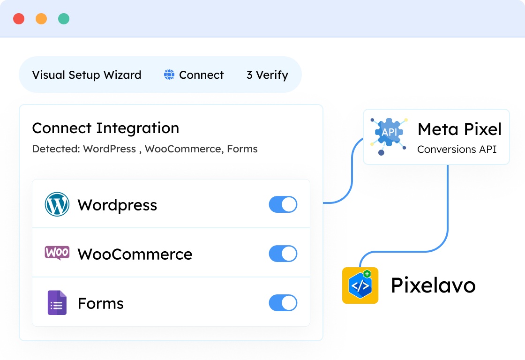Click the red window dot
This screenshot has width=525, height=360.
click(19, 19)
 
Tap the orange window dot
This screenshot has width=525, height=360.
click(41, 19)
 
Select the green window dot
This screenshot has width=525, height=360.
click(64, 19)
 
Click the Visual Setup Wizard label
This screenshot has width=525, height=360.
click(87, 75)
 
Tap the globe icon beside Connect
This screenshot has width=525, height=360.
click(169, 75)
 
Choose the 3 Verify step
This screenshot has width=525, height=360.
click(267, 75)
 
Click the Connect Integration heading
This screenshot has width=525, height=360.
click(105, 128)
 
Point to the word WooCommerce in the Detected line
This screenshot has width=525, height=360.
click(183, 149)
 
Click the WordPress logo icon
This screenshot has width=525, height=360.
click(57, 204)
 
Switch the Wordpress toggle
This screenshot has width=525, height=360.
click(283, 204)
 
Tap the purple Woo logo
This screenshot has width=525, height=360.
click(57, 253)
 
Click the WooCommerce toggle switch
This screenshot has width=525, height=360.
click(283, 254)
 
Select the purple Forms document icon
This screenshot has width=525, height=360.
click(57, 303)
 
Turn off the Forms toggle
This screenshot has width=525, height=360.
click(283, 303)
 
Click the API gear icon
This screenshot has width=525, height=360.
click(389, 133)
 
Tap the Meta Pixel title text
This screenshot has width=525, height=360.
click(459, 129)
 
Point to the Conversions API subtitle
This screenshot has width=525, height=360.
click(457, 149)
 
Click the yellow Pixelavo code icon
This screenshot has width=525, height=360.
click(360, 285)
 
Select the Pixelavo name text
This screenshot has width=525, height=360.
click(433, 285)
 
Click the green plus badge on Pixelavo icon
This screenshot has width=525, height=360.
click(367, 274)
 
